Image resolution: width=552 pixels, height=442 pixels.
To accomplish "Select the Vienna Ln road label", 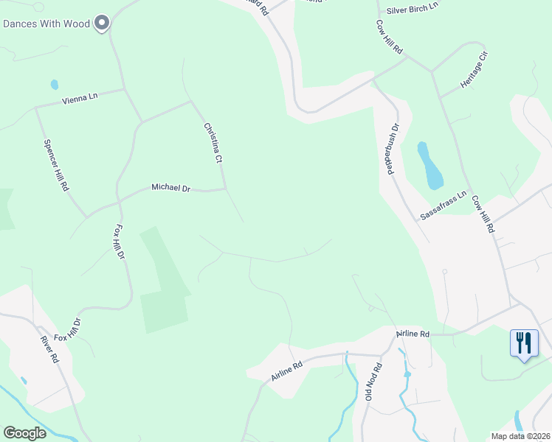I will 80,97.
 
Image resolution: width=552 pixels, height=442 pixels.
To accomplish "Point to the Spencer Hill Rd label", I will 56,166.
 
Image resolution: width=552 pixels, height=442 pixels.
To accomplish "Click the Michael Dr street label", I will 170,189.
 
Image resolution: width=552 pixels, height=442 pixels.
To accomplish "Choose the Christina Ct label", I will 213,143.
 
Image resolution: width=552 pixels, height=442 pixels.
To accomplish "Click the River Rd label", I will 49,349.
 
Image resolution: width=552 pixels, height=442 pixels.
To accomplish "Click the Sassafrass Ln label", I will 444,206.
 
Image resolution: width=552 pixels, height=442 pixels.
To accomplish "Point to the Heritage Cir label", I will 474,70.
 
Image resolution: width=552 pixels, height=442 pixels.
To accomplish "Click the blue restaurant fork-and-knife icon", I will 524,343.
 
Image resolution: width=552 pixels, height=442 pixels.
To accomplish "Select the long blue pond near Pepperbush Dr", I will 429,166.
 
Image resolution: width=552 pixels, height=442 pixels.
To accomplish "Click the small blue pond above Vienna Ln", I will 54,84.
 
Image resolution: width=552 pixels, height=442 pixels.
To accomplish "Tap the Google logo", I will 24,432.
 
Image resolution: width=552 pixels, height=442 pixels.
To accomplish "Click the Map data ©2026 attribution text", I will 521,436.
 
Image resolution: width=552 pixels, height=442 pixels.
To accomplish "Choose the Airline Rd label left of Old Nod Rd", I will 287,370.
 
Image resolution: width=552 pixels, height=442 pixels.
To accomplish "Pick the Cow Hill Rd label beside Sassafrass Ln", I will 482,214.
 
